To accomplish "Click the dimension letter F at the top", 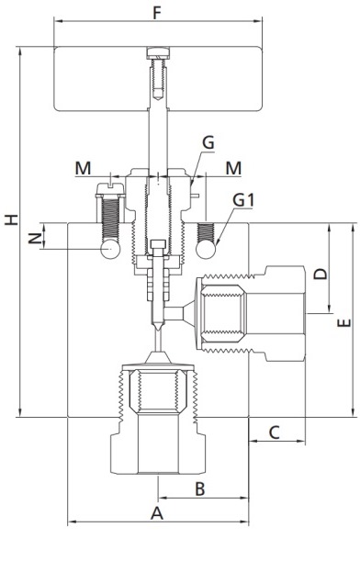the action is (x=157, y=13).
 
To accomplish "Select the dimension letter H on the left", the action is (x=11, y=219).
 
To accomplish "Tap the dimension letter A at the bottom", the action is (x=157, y=513).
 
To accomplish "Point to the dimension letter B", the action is (x=200, y=488).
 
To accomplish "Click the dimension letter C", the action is (x=274, y=432).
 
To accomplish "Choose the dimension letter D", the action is (x=321, y=274).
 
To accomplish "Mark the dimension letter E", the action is (x=343, y=323).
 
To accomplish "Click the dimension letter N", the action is (x=35, y=239).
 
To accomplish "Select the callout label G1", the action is (x=243, y=200).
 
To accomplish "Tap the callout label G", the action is (x=208, y=142).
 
